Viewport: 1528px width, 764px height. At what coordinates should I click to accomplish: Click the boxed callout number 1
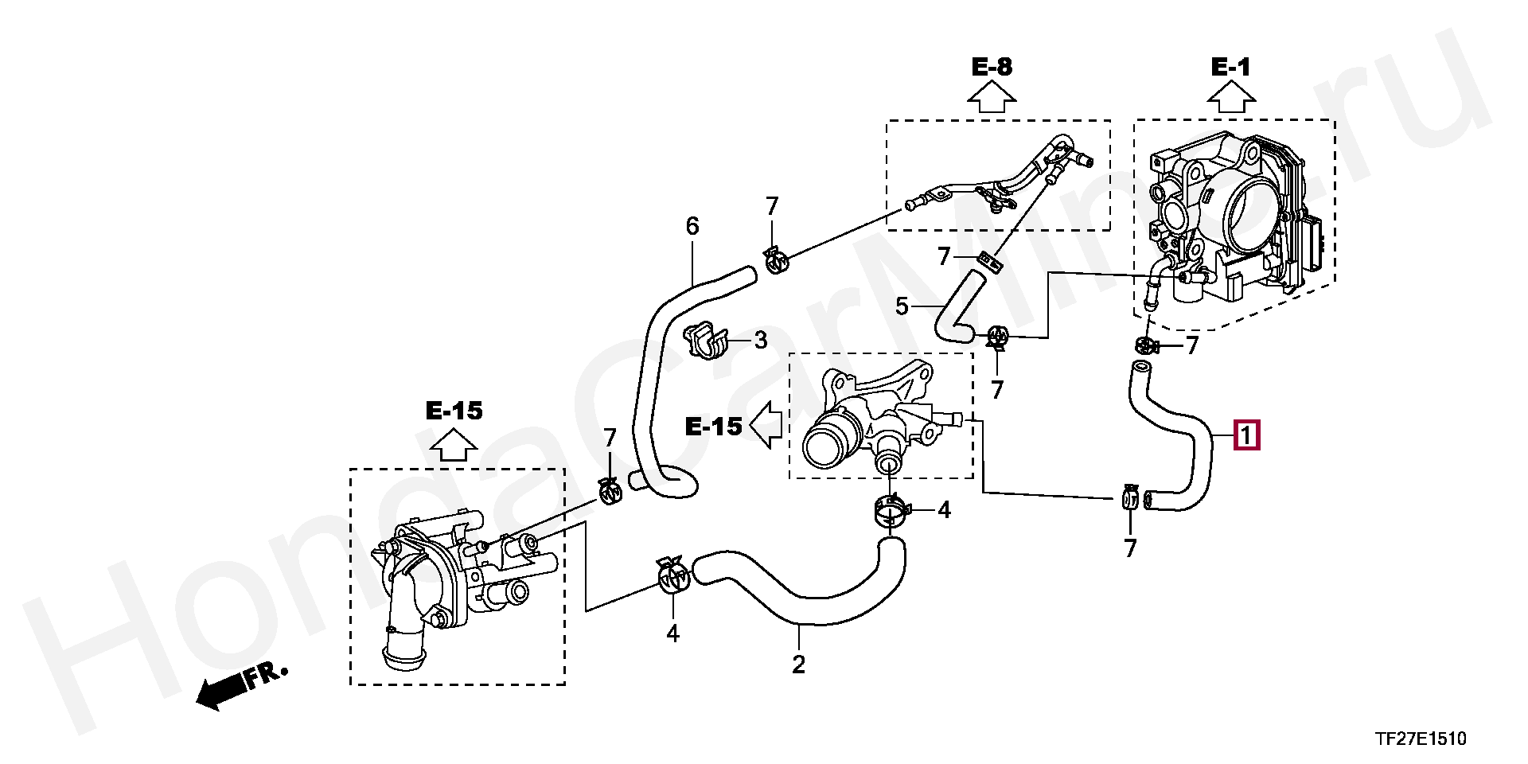1246,435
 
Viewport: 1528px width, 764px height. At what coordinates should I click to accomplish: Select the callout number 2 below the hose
798,665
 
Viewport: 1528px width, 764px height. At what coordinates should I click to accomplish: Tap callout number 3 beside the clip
760,341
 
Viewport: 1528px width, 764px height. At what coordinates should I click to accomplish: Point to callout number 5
902,306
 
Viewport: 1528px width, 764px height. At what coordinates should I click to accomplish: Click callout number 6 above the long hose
692,227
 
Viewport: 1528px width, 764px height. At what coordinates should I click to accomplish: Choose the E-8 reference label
992,67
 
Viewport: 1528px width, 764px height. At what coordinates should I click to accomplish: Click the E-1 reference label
1230,67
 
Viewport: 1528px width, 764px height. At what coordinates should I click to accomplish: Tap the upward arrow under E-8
992,99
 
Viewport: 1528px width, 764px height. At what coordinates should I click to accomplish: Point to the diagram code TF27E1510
1420,739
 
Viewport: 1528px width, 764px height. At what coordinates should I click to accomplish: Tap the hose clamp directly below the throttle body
1146,346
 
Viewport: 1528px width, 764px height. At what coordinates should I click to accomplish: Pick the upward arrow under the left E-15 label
454,445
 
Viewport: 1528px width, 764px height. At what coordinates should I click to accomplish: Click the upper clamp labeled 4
891,509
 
